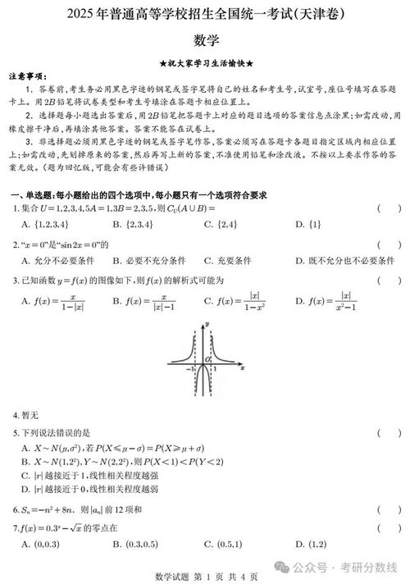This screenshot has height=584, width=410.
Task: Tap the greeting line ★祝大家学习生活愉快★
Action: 205,63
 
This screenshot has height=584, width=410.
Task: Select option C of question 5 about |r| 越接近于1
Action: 90,475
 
